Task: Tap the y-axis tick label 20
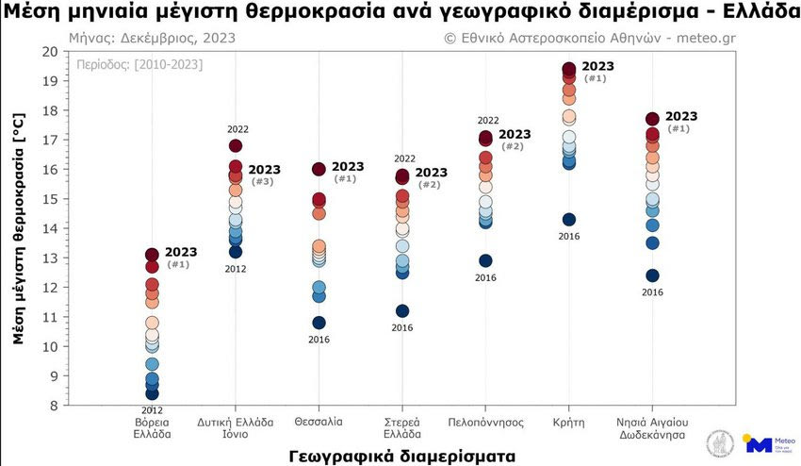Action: (50, 51)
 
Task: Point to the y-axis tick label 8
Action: (54, 406)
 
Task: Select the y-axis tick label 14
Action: (50, 228)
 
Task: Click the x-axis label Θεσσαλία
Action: (319, 422)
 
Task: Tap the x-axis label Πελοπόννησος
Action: (485, 422)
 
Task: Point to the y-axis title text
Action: (19, 228)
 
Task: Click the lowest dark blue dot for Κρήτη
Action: (569, 220)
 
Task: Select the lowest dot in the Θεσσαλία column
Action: (319, 323)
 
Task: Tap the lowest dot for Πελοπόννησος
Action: (485, 260)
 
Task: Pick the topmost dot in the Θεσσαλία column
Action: (319, 169)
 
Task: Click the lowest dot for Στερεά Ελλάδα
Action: (402, 311)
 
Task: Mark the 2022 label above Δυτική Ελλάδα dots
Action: (237, 128)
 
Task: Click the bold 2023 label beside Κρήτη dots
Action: (598, 66)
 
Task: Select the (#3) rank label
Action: (264, 181)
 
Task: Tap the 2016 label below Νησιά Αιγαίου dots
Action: (652, 292)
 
